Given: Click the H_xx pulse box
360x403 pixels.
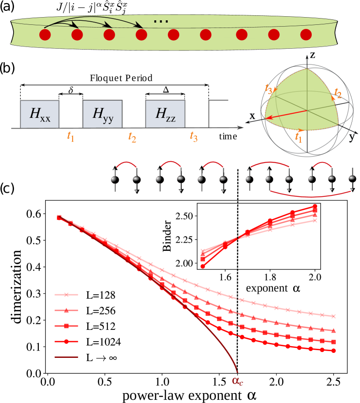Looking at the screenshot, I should (39, 114).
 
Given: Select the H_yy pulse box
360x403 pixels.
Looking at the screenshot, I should (102, 114).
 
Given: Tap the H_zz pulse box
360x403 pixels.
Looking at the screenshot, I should (165, 114).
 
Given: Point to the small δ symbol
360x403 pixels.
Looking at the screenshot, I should (70, 90).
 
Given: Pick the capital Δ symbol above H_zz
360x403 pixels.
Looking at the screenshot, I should (166, 90).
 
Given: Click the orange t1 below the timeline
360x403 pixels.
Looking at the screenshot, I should (70, 136).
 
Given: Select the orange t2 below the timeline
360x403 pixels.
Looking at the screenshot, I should (132, 136).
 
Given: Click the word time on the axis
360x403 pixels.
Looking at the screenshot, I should (228, 136).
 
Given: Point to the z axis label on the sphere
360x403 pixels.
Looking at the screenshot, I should (312, 55).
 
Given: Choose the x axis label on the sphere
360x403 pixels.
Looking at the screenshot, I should (252, 116).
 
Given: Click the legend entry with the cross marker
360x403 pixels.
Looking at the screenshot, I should (66, 295).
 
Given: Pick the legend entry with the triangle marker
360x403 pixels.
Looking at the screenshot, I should (66, 310).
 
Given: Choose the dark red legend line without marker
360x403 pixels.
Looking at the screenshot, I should (66, 357).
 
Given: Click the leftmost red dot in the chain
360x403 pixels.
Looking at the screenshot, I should (45, 35).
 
